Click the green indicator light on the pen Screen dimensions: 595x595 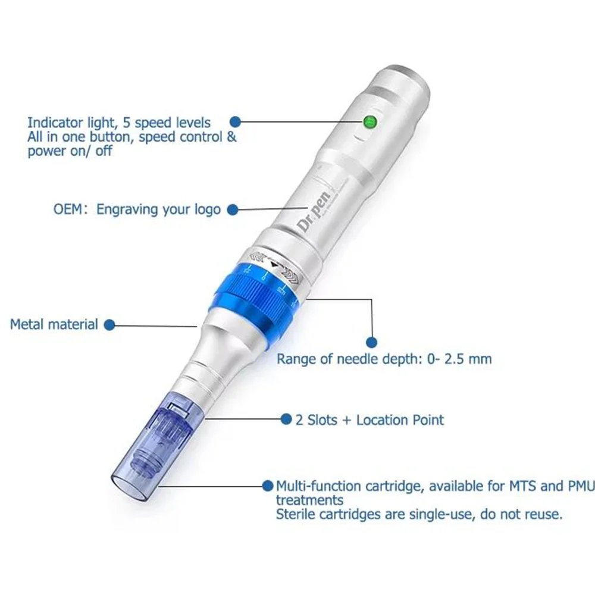tap(369, 122)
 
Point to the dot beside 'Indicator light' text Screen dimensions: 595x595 tap(235, 122)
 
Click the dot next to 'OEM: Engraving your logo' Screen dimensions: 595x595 tap(232, 209)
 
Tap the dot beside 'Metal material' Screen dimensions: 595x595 tap(109, 325)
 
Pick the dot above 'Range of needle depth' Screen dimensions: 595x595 tap(371, 342)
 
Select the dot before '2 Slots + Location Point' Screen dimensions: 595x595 tap(286, 419)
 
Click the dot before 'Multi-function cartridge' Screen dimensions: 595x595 tap(268, 486)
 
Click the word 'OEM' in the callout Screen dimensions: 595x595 tap(68, 209)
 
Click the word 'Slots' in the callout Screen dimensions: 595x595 tap(322, 420)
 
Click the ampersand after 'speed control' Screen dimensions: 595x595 tap(231, 137)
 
